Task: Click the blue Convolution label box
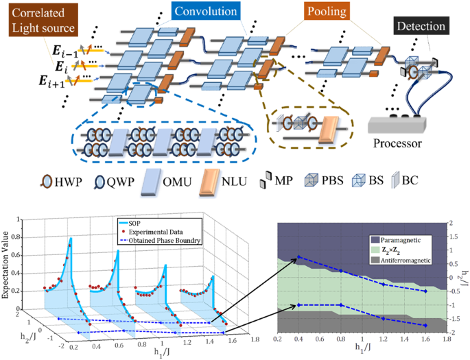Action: (205, 12)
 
